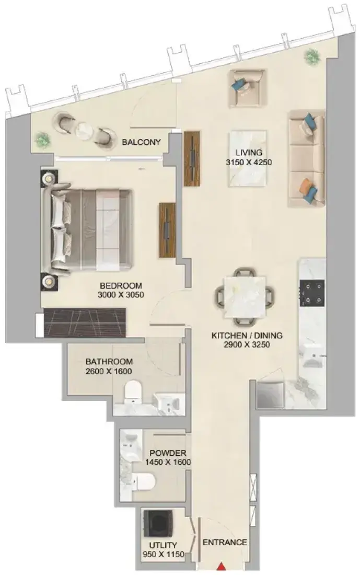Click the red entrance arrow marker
tap(221, 567)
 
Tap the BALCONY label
tap(141, 142)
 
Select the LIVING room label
tap(249, 152)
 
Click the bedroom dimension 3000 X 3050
tap(121, 294)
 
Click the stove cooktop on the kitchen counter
tap(312, 293)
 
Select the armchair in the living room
tap(246, 89)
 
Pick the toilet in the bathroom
tap(133, 392)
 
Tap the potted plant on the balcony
tap(42, 140)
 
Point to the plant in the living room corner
tap(311, 56)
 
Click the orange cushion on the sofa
tap(305, 186)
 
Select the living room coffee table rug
tap(248, 158)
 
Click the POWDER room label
tap(168, 453)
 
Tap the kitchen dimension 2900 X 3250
tap(247, 344)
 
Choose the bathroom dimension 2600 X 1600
tap(109, 371)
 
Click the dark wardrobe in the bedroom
tap(84, 323)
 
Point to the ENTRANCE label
tap(225, 542)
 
